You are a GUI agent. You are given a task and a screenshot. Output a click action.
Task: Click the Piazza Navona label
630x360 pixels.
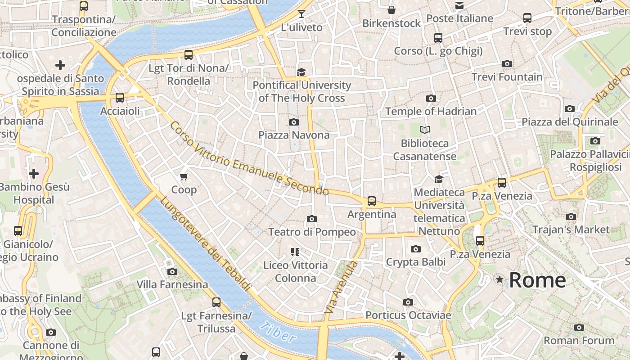tap(293, 135)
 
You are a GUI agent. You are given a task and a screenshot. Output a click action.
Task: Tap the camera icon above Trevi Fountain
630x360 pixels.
tap(507, 64)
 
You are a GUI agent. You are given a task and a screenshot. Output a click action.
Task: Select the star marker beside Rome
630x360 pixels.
tap(499, 280)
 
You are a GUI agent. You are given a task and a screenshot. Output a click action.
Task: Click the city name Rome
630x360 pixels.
tap(537, 280)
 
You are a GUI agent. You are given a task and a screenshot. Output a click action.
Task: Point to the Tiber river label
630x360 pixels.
tap(278, 333)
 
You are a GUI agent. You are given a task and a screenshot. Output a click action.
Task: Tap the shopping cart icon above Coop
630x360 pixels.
tap(184, 176)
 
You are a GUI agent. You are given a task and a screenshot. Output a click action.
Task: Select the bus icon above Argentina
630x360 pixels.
tap(371, 201)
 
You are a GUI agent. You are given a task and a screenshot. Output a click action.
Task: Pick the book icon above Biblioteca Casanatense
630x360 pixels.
tap(424, 130)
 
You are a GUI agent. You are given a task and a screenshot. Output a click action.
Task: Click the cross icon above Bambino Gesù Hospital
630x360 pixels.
tap(34, 174)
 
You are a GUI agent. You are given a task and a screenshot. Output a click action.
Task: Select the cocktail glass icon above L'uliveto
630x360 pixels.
tap(301, 14)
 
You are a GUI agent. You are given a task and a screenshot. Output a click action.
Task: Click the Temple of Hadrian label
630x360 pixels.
tap(431, 111)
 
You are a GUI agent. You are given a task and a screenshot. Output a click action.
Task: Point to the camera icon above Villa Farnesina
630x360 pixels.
tap(172, 271)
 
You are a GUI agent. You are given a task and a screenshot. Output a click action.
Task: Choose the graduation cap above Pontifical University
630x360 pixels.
tap(301, 72)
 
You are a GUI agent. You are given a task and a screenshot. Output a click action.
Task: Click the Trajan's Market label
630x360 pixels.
tap(571, 229)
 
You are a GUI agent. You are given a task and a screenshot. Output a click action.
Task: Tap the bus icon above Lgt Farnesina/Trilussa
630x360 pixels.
tap(216, 302)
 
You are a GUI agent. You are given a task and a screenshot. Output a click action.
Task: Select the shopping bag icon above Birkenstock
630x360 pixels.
tap(391, 10)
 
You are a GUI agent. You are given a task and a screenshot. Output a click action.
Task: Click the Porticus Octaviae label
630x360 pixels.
tap(408, 315)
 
